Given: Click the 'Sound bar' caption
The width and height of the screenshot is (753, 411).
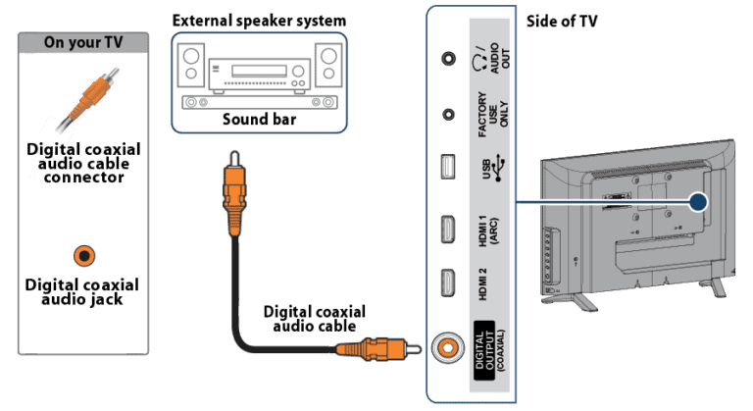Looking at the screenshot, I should point(259,121).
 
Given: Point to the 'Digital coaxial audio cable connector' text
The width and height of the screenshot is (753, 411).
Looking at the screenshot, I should point(84,163).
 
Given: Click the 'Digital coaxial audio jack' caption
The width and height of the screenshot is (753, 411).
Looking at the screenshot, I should point(84,291).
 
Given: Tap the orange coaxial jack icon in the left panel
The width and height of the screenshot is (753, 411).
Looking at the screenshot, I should point(85,256).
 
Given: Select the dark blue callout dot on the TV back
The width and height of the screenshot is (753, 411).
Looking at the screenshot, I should point(698,202).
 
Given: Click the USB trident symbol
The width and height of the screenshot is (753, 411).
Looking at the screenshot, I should point(500,168).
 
